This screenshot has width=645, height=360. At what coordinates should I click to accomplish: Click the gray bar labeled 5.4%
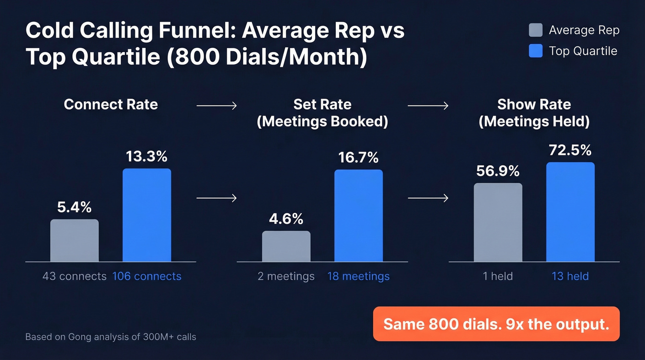pyautogui.click(x=74, y=241)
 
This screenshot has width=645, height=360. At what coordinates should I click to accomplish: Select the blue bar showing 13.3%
pyautogui.click(x=147, y=215)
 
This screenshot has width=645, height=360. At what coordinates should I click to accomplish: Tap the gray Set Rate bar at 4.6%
pyautogui.click(x=286, y=247)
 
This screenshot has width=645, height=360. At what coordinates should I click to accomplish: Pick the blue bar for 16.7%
pyautogui.click(x=358, y=216)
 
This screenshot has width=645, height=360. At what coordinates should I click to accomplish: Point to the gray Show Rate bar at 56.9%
pyautogui.click(x=498, y=223)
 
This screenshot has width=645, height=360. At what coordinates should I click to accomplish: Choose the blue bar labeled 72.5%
pyautogui.click(x=570, y=212)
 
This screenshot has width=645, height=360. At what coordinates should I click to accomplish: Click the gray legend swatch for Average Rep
pyautogui.click(x=536, y=30)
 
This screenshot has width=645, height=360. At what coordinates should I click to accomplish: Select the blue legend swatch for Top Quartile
pyautogui.click(x=536, y=51)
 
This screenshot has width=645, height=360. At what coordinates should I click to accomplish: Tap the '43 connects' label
pyautogui.click(x=74, y=277)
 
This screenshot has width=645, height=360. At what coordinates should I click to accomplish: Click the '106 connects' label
pyautogui.click(x=147, y=277)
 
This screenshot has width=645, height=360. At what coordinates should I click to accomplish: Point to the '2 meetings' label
pyautogui.click(x=286, y=277)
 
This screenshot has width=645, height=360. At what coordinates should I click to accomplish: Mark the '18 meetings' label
pyautogui.click(x=358, y=277)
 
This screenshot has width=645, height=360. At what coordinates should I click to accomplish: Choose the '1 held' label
pyautogui.click(x=498, y=277)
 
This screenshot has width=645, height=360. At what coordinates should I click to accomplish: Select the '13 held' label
pyautogui.click(x=570, y=277)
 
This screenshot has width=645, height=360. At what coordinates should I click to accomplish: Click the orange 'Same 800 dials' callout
pyautogui.click(x=496, y=324)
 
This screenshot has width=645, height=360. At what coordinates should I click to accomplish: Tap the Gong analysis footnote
pyautogui.click(x=111, y=337)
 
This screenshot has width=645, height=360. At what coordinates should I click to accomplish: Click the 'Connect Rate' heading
pyautogui.click(x=111, y=104)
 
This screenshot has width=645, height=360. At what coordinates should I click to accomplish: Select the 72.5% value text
pyautogui.click(x=570, y=150)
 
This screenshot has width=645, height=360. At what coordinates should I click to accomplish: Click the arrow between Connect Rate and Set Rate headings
pyautogui.click(x=217, y=106)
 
